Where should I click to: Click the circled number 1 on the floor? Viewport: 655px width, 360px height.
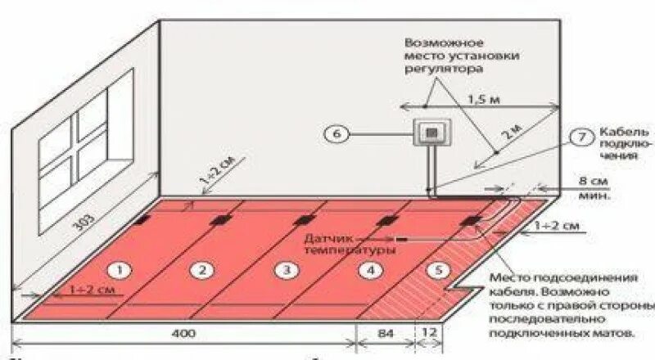pos(120,269)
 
